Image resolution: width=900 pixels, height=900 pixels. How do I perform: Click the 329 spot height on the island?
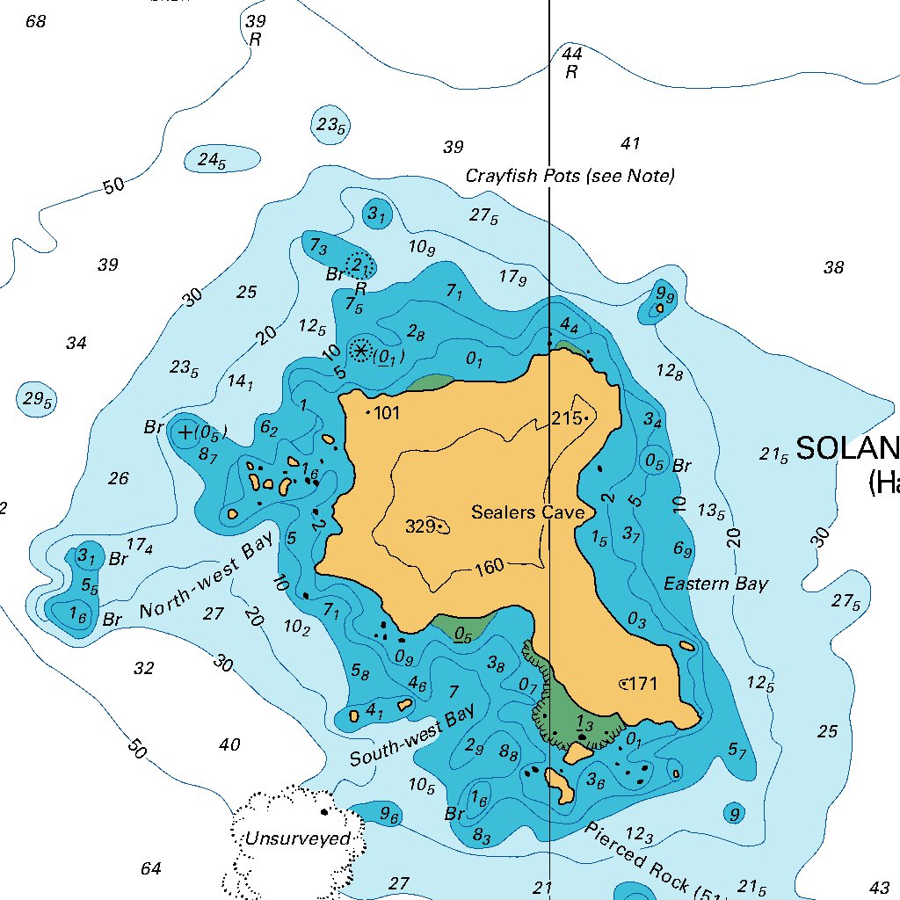422,526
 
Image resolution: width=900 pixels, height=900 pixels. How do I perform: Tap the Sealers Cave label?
527,512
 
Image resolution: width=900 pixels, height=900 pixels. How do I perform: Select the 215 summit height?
566,418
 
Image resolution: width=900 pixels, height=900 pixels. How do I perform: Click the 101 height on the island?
387,412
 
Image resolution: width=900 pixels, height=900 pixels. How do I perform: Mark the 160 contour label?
489,567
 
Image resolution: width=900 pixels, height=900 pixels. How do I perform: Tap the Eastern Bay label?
715,584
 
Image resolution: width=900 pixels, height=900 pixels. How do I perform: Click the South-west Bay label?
411,735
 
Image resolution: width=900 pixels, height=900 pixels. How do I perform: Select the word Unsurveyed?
297,838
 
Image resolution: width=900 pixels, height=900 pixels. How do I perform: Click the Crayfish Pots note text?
570,176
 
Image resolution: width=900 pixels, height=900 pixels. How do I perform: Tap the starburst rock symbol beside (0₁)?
360,350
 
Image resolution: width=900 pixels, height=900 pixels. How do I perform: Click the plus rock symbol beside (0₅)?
185,432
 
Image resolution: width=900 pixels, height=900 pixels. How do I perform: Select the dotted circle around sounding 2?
359,264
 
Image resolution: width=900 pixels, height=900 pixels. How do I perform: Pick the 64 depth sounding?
151,868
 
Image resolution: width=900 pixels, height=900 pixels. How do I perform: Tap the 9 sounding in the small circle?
734,814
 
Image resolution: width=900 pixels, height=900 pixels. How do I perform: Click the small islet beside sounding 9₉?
659,308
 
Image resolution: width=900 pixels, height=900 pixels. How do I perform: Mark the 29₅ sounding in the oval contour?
38,400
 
